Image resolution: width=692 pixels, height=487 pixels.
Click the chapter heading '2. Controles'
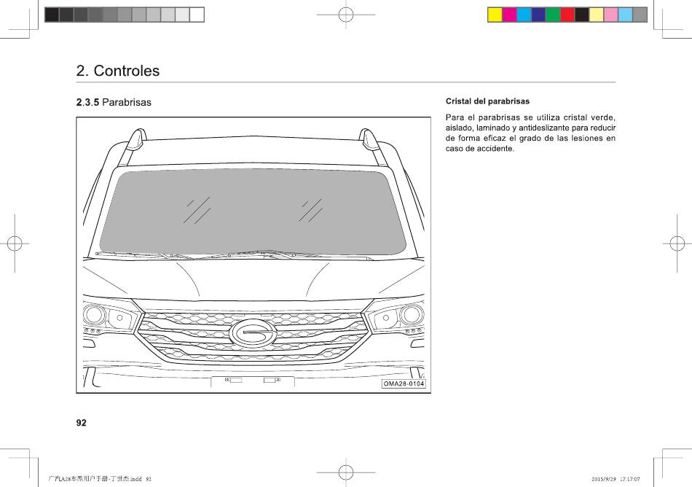tap(118, 71)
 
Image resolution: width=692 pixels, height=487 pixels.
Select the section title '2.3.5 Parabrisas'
tap(114, 103)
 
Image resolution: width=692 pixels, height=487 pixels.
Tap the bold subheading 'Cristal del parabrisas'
tap(487, 101)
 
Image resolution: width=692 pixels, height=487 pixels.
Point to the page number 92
tap(81, 423)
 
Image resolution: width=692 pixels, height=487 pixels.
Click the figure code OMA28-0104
tap(404, 383)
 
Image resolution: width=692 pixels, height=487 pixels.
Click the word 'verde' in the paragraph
tap(602, 117)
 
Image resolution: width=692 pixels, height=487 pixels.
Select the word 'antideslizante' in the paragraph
tap(544, 128)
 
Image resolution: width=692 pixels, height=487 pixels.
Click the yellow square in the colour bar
tap(495, 15)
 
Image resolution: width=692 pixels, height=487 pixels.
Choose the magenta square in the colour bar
tap(509, 15)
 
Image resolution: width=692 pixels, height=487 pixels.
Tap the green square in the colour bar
tap(553, 15)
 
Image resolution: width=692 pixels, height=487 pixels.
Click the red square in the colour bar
tap(567, 15)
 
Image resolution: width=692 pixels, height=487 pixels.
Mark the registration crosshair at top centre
tap(346, 15)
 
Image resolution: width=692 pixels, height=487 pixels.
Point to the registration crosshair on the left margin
tap(15, 243)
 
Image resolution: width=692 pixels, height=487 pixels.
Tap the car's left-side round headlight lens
tap(94, 314)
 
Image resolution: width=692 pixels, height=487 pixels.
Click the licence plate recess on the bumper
tap(253, 381)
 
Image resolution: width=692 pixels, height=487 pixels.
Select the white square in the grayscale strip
tap(197, 15)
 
